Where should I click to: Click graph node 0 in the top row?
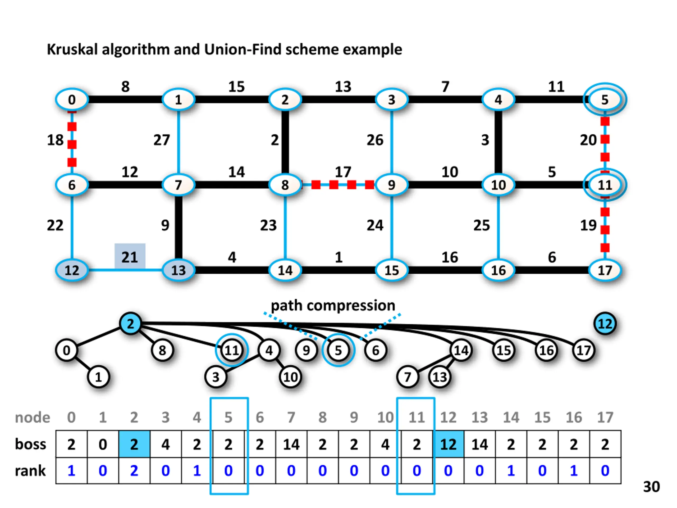click(72, 99)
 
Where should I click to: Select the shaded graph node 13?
click(179, 270)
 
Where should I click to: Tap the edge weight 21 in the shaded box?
click(130, 257)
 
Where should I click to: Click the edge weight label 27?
click(161, 140)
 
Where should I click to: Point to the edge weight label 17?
click(343, 172)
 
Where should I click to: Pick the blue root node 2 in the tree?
click(131, 324)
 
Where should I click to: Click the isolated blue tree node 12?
click(605, 324)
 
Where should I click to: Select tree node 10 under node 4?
click(290, 377)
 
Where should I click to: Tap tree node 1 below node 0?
click(98, 377)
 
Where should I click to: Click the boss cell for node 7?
click(291, 444)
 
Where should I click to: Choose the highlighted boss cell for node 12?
click(448, 444)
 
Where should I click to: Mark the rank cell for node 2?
click(134, 471)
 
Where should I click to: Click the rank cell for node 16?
click(574, 471)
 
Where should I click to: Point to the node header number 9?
click(354, 417)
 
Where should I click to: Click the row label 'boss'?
click(30, 444)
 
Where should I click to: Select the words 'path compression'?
click(333, 305)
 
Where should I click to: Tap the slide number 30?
click(651, 487)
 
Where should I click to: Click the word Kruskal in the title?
click(72, 49)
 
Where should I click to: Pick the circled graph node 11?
click(605, 185)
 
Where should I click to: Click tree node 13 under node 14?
click(440, 377)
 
